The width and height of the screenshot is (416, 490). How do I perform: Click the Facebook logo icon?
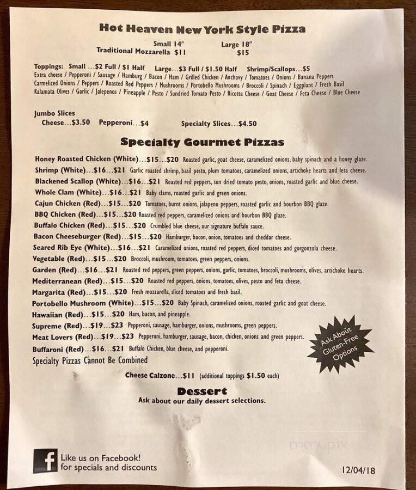(45, 461)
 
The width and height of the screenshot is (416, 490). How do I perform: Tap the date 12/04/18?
(360, 469)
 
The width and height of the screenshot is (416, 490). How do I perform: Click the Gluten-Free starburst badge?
(340, 344)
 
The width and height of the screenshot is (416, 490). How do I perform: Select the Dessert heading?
(202, 391)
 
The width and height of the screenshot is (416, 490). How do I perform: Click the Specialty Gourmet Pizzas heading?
(202, 143)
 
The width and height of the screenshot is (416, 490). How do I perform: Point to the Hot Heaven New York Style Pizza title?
(202, 29)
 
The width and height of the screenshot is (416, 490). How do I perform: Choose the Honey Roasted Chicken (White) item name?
(85, 159)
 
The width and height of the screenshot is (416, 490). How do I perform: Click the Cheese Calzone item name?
(150, 376)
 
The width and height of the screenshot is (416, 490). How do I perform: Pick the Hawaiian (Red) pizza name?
(59, 315)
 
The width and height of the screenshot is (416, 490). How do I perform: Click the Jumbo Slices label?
(54, 113)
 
